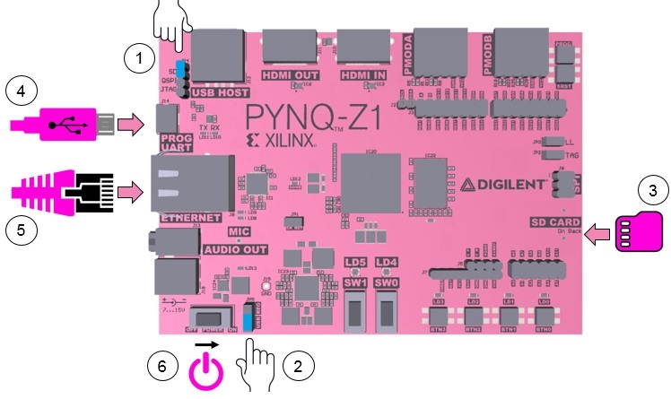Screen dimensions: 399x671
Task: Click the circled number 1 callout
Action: tap(137, 58)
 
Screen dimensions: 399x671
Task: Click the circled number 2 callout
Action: tap(297, 365)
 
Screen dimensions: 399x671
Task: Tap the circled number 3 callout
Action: tap(652, 190)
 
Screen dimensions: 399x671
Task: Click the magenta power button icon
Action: tap(206, 372)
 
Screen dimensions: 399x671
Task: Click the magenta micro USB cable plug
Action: tap(63, 125)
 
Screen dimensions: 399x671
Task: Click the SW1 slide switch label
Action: tap(356, 282)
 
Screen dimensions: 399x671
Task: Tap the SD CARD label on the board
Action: tap(556, 221)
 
